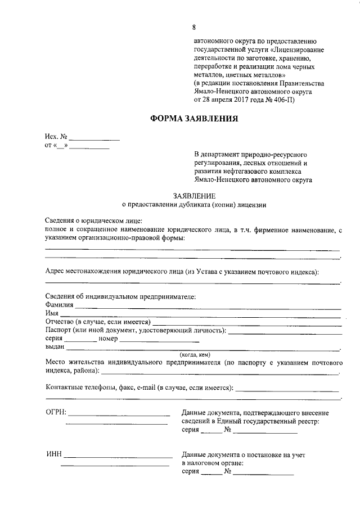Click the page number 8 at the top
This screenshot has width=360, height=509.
pyautogui.click(x=194, y=27)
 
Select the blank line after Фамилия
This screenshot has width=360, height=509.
pyautogui.click(x=208, y=308)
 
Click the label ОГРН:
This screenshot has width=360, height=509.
pyautogui.click(x=56, y=412)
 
